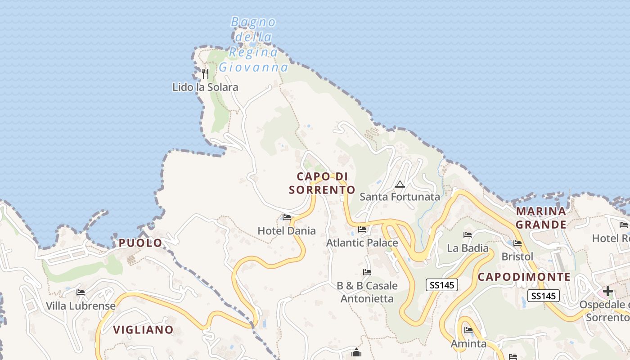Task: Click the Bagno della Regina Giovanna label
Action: click(253, 45)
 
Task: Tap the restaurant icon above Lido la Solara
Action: click(205, 73)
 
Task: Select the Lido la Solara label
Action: click(205, 87)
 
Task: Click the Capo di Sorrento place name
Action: click(322, 183)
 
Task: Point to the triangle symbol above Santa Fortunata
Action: click(400, 184)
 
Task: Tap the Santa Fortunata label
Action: click(400, 197)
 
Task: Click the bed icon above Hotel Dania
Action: click(287, 218)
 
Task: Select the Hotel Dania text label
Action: click(287, 231)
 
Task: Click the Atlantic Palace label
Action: click(362, 243)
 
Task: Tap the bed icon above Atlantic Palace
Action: click(362, 229)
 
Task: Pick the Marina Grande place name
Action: click(541, 218)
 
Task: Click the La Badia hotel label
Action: click(468, 248)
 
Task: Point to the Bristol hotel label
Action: click(517, 256)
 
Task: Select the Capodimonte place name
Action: click(524, 277)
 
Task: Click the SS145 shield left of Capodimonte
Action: click(442, 284)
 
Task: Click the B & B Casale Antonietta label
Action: click(367, 292)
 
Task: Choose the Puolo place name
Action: click(140, 243)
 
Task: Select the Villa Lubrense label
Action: click(81, 306)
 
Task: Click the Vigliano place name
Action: click(143, 330)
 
